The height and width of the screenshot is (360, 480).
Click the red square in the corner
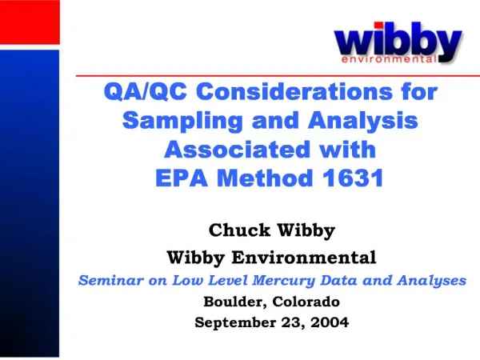tap(30, 22)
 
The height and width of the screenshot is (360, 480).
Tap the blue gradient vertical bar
tap(30, 203)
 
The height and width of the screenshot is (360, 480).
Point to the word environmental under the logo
tap(390, 59)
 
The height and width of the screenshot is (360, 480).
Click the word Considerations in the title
tap(294, 91)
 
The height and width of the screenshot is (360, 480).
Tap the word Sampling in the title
tap(182, 121)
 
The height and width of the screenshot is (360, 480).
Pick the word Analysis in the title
tap(363, 121)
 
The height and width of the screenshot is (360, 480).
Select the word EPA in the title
tap(182, 178)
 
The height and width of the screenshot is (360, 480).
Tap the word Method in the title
tap(265, 178)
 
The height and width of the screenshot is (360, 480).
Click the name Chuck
tap(240, 230)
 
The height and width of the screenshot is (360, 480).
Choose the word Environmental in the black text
tap(304, 257)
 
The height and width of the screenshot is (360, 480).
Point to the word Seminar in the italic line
tap(111, 280)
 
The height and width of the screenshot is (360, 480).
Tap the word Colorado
tap(306, 302)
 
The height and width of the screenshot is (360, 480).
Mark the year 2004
tap(330, 322)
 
